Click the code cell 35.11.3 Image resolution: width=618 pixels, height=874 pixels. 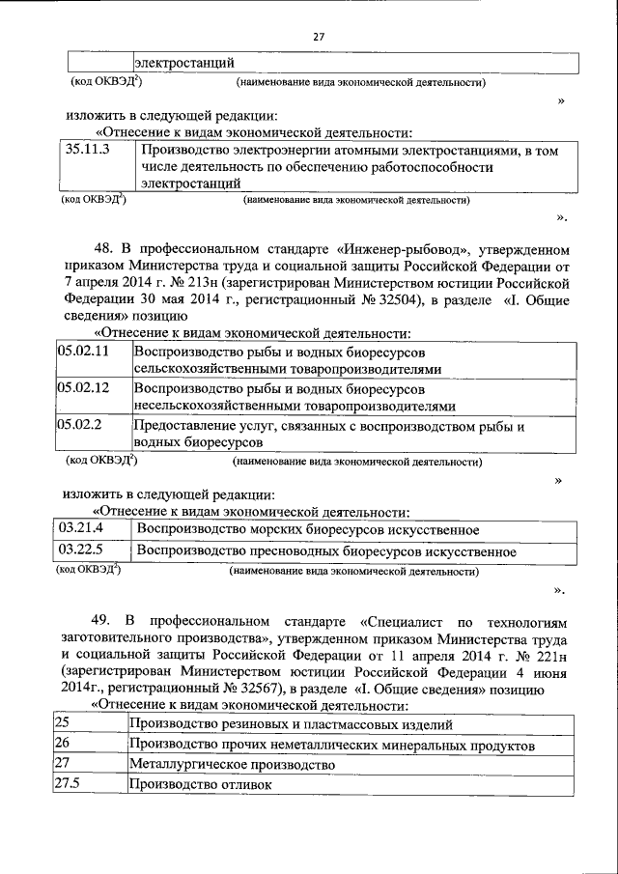[88, 150]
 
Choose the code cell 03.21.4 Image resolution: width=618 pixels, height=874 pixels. [80, 528]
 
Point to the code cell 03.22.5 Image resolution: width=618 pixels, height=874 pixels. [80, 551]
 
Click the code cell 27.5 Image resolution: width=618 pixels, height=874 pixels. [68, 784]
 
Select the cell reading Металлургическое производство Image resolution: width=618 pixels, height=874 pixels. [231, 764]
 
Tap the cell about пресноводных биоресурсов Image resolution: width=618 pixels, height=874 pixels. [326, 551]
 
